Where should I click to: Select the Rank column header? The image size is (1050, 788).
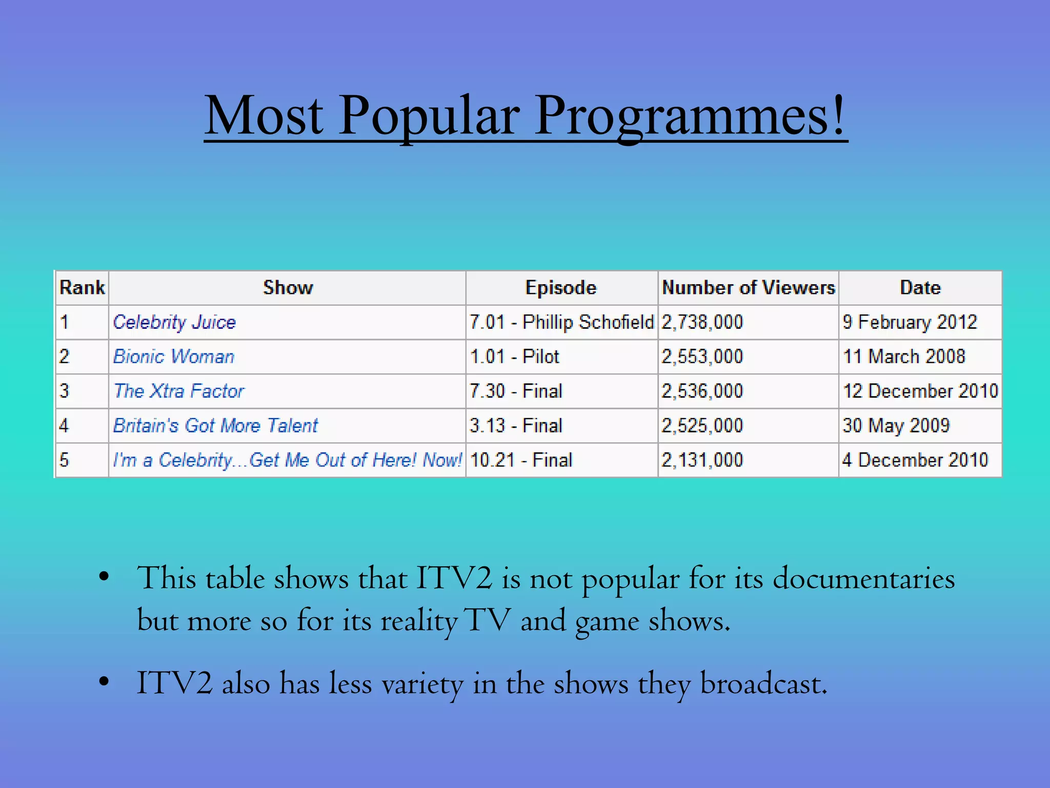pos(82,288)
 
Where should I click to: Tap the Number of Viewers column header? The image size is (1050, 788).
pos(748,288)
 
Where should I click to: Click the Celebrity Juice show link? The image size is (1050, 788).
pos(174,322)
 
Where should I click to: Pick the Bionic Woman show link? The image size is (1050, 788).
pos(174,357)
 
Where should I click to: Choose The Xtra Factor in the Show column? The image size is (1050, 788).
pos(179,391)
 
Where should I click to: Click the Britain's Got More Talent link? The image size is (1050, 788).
pos(215,425)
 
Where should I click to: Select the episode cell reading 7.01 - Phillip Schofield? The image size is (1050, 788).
pos(561,322)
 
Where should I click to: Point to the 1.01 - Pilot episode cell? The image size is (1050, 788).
pos(514,357)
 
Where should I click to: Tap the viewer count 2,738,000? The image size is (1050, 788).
pos(702,322)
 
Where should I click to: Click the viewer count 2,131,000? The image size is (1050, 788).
pos(702,460)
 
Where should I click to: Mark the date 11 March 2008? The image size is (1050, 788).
pos(904,357)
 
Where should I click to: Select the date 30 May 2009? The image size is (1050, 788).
pos(896,425)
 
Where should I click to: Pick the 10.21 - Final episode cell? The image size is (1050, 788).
pos(521,460)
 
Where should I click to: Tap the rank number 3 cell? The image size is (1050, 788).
pos(65,391)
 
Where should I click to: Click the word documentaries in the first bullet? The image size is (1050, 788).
pos(863,579)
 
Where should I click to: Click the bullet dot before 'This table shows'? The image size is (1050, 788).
pos(104,577)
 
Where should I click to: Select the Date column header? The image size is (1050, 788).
pos(920,288)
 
